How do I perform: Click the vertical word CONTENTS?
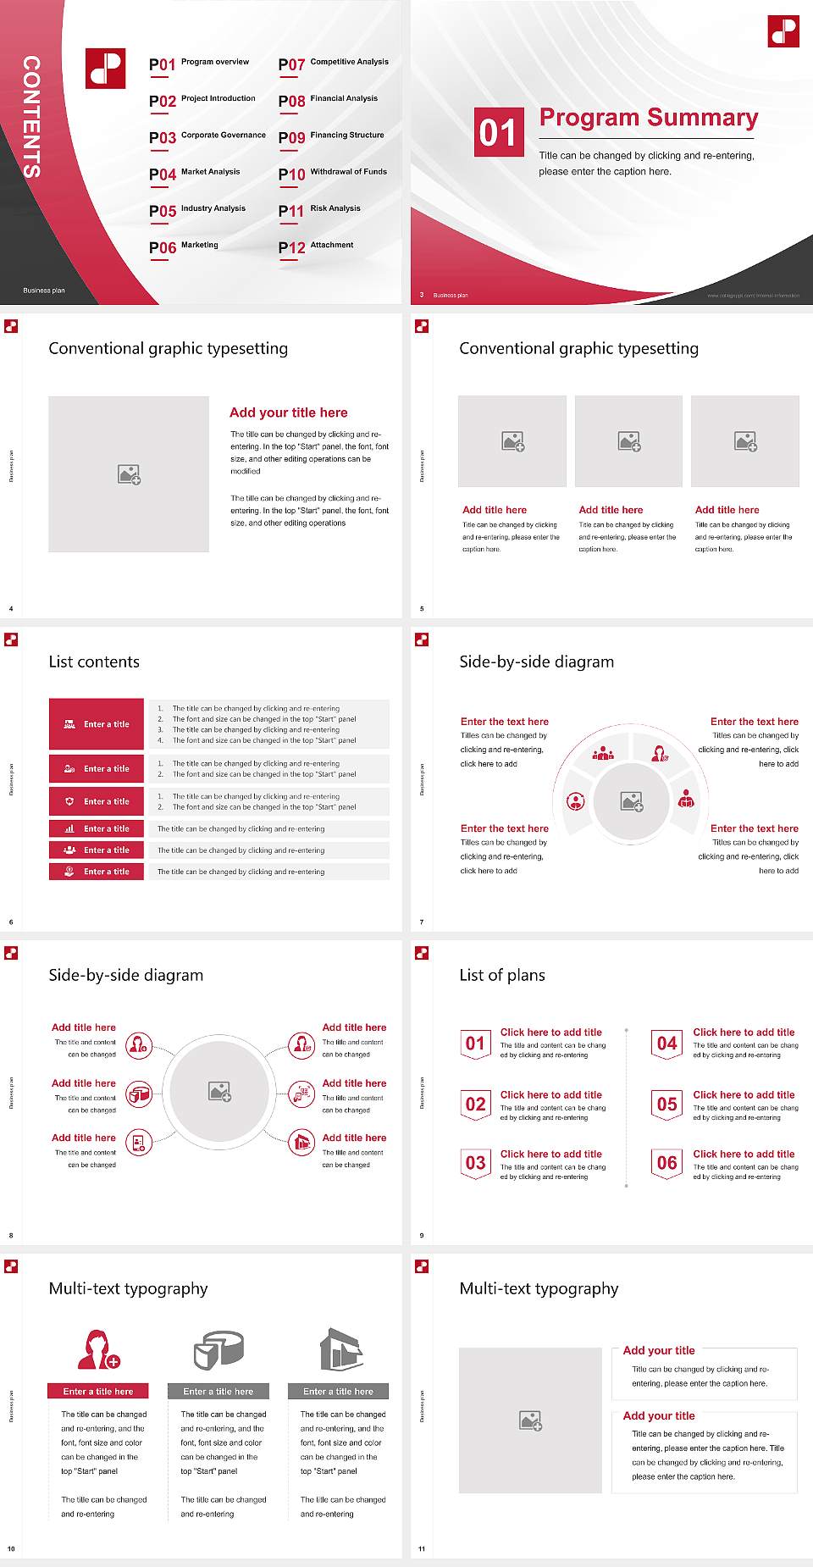pyautogui.click(x=31, y=117)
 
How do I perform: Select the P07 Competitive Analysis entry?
pyautogui.click(x=334, y=64)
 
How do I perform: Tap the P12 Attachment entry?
pyautogui.click(x=317, y=246)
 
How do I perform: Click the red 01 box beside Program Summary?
pyautogui.click(x=498, y=132)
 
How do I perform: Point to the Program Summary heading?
pyautogui.click(x=648, y=118)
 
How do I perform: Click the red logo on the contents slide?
pyautogui.click(x=105, y=69)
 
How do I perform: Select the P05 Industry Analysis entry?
pyautogui.click(x=197, y=210)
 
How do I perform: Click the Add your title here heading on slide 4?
pyautogui.click(x=288, y=413)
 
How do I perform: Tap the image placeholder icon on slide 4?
pyautogui.click(x=129, y=474)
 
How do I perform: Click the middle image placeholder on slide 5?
pyautogui.click(x=628, y=441)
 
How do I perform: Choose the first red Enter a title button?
pyautogui.click(x=97, y=724)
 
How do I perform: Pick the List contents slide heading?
pyautogui.click(x=94, y=662)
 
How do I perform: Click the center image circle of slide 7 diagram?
pyautogui.click(x=632, y=801)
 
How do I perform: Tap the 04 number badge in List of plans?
pyautogui.click(x=667, y=1044)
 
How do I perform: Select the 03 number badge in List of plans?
pyautogui.click(x=475, y=1163)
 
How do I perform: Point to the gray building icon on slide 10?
pyautogui.click(x=340, y=1349)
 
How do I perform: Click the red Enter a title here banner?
pyautogui.click(x=97, y=1391)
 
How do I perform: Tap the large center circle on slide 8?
pyautogui.click(x=219, y=1092)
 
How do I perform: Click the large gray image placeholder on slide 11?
pyautogui.click(x=530, y=1420)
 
